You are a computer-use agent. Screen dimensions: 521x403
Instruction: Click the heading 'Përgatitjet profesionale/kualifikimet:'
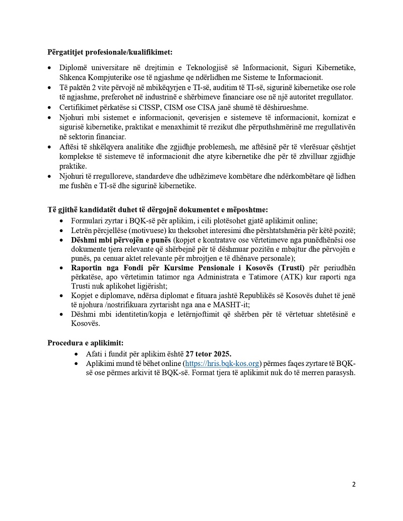click(x=109, y=52)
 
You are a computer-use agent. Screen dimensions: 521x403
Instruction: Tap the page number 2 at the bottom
click(x=354, y=485)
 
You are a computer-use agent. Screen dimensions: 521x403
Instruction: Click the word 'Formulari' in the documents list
click(x=88, y=221)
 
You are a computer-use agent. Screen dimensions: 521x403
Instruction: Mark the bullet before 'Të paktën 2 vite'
click(x=49, y=88)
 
